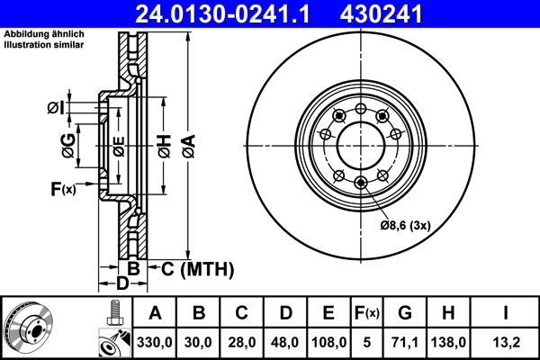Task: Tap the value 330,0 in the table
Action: pos(155,341)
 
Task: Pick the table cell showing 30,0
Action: pos(200,341)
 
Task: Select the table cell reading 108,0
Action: pos(329,341)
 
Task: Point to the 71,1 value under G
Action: pos(405,341)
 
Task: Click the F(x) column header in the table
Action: pos(367,313)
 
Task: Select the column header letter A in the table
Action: pos(155,313)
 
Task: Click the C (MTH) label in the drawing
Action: pos(193,268)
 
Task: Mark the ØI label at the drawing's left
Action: pos(56,108)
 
